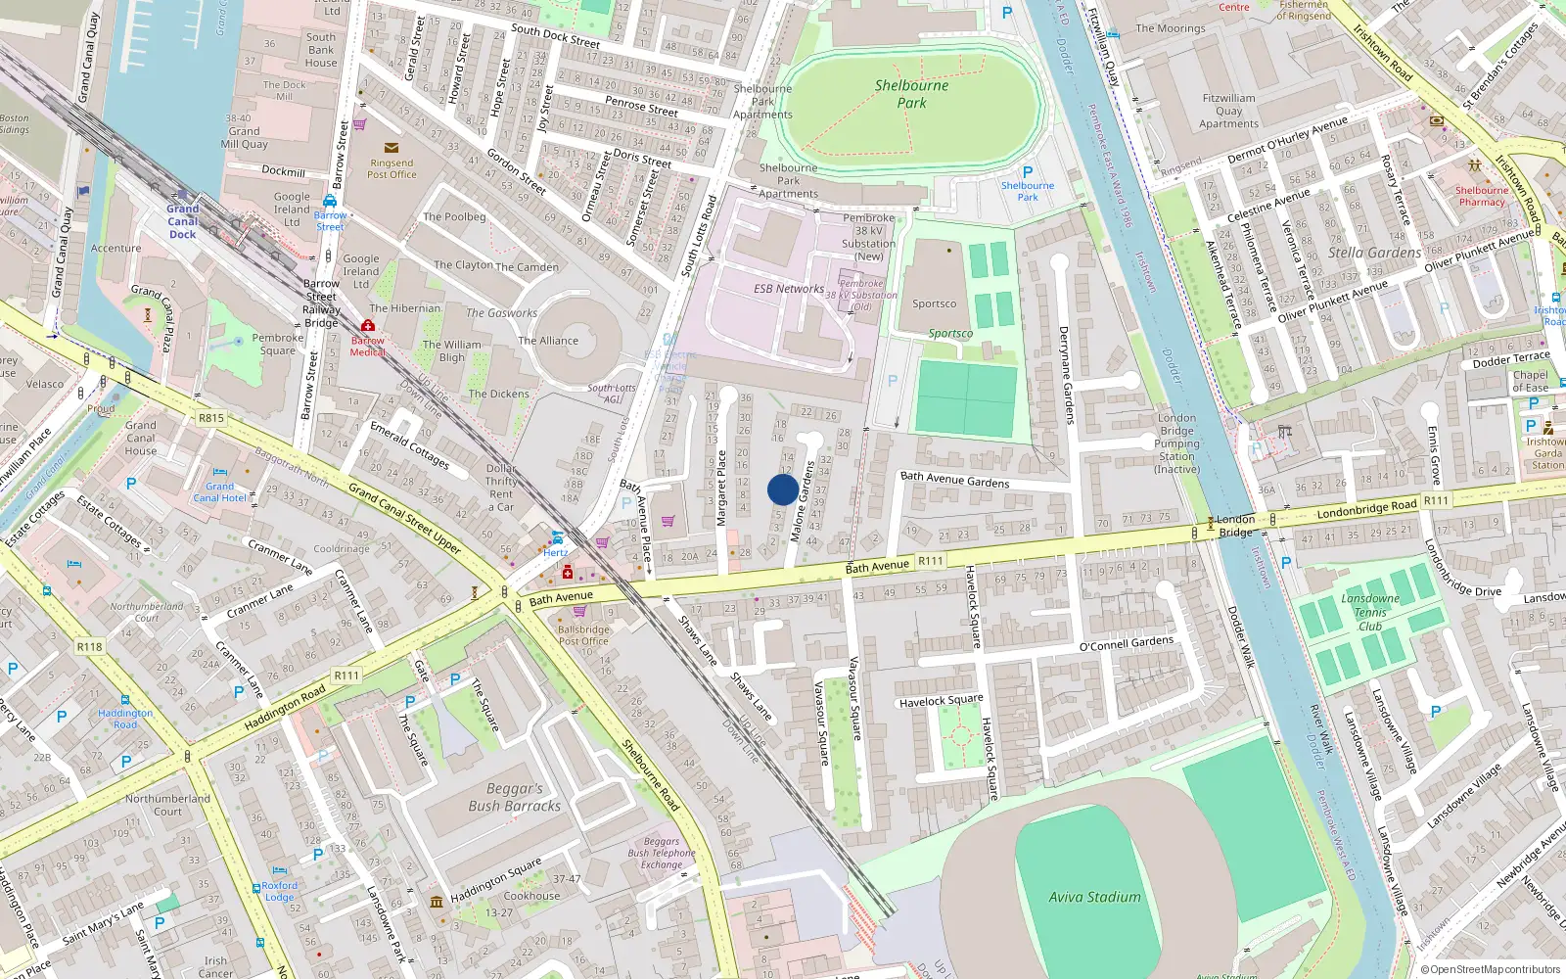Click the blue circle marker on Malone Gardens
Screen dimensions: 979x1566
coord(782,489)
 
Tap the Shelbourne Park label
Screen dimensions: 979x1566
coord(911,94)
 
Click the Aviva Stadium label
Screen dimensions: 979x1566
coord(1094,897)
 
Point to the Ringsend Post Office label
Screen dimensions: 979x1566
coord(391,168)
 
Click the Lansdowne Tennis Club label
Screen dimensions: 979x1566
coord(1370,612)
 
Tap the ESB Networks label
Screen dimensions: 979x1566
coord(788,289)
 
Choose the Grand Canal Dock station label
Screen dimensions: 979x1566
coord(182,221)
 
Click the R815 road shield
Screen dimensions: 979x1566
coord(211,418)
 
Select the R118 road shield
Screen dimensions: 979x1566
coord(89,646)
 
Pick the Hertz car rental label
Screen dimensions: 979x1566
coord(555,552)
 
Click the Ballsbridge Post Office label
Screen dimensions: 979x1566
coord(583,635)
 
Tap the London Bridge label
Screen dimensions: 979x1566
coord(1235,526)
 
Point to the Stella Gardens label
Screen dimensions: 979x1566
coord(1374,253)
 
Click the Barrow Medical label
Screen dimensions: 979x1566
coord(368,346)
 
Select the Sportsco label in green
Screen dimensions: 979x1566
coord(950,334)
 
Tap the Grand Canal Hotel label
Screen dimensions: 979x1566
coord(219,491)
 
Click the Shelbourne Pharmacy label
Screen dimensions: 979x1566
coord(1481,196)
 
